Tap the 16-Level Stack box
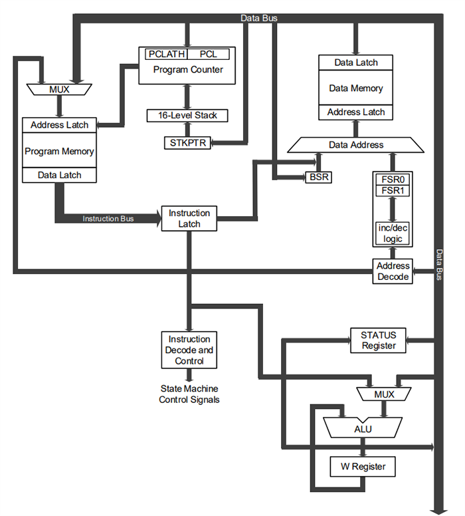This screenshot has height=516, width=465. (188, 115)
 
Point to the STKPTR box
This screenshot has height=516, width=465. (188, 142)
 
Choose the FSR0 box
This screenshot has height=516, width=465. (393, 180)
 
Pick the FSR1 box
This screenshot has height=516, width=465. (393, 191)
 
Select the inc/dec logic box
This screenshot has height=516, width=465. (393, 233)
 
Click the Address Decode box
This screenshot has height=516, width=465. (393, 271)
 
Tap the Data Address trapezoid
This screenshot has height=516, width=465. (356, 144)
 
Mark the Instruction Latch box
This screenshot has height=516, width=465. (189, 219)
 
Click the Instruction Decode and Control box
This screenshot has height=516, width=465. (189, 350)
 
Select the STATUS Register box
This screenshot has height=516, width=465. (379, 340)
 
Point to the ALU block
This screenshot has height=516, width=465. (363, 429)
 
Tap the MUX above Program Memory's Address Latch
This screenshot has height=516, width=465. (59, 89)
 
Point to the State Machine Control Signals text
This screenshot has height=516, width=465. (189, 394)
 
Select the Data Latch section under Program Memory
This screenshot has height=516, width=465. (59, 175)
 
